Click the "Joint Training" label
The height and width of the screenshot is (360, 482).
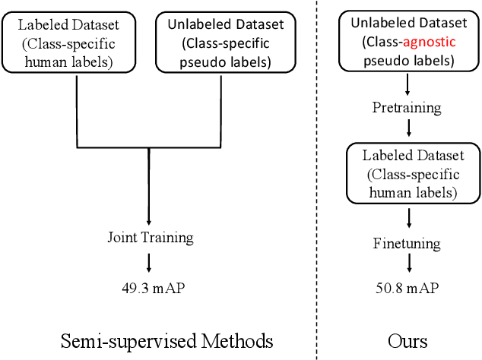point(150,238)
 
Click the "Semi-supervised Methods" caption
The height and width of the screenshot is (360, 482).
point(166,339)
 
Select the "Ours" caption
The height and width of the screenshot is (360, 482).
point(407,339)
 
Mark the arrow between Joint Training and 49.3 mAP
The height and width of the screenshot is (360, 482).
point(150,262)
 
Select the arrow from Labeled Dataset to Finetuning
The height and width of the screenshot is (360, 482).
point(411,219)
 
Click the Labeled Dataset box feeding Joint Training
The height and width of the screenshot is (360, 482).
point(78,42)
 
